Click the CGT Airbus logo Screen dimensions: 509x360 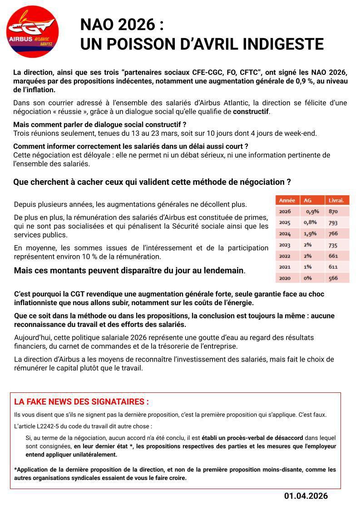coord(32,32)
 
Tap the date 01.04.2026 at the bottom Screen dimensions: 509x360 coord(306,496)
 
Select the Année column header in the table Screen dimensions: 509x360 coord(287,200)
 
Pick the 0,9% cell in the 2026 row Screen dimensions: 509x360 coord(312,212)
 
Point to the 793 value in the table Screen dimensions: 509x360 coord(333,222)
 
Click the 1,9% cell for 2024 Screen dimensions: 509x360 coord(310,233)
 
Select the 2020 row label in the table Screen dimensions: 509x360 coord(285,278)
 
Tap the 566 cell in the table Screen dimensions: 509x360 coord(333,278)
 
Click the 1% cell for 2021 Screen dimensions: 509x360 coord(308,267)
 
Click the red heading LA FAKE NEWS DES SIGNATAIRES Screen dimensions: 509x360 coord(81,402)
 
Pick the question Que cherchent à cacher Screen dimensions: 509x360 coord(152,182)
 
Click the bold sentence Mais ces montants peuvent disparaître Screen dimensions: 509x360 coord(129,271)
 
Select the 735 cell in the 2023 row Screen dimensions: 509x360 coord(333,245)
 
